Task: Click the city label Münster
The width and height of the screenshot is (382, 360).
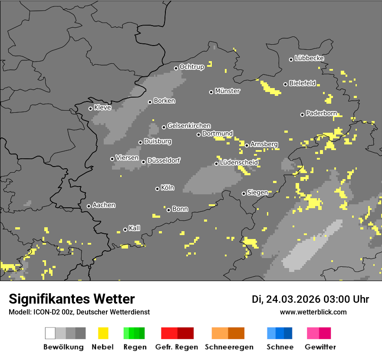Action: (x=227, y=91)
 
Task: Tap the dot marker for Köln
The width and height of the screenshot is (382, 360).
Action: (x=157, y=189)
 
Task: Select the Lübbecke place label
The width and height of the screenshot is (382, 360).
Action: (x=309, y=58)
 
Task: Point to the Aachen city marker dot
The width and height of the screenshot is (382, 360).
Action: (x=89, y=206)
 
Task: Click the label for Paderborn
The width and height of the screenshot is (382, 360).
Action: (x=321, y=114)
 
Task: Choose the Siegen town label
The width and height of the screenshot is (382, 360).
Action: (x=257, y=193)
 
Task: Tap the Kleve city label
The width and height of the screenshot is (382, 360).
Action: (x=102, y=108)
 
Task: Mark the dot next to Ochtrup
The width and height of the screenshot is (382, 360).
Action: (x=176, y=68)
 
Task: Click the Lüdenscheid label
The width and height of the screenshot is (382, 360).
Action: (x=239, y=163)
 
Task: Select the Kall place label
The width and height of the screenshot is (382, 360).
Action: (x=134, y=228)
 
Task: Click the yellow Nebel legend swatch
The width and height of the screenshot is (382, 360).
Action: (x=103, y=333)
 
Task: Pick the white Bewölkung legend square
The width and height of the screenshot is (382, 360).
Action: (x=50, y=333)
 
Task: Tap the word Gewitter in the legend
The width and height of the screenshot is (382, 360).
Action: (x=320, y=347)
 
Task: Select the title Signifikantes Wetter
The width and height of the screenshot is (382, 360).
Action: (x=72, y=299)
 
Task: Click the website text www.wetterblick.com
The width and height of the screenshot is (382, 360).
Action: (x=313, y=312)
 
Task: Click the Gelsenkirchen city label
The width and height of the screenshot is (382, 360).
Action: (x=189, y=126)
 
